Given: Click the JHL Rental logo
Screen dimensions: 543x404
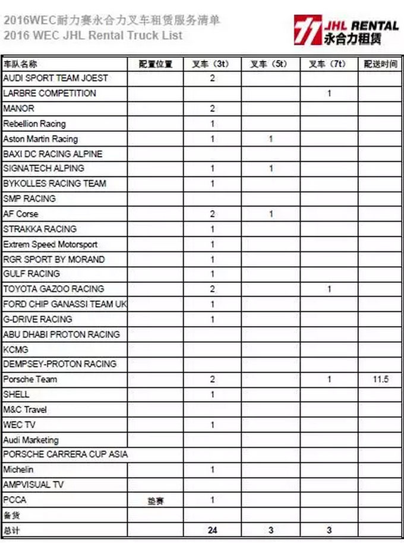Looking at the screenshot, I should (x=345, y=29).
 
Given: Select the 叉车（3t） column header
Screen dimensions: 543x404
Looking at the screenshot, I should (x=212, y=64).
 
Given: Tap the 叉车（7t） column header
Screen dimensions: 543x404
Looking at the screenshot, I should (x=329, y=64).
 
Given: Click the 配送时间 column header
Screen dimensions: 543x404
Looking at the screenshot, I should (x=381, y=64).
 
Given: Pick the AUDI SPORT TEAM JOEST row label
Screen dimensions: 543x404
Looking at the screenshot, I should (x=56, y=78).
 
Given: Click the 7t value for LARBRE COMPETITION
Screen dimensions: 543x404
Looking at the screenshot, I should (x=329, y=93).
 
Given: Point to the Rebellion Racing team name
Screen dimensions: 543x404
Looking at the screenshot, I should (x=34, y=124).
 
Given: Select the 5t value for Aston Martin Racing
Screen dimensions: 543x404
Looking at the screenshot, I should (x=271, y=139).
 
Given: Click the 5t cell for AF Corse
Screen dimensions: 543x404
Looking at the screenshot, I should (x=271, y=214).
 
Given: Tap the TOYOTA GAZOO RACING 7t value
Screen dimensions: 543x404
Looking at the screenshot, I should (x=329, y=289).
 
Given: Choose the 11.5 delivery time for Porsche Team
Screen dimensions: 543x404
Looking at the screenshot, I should (x=381, y=379).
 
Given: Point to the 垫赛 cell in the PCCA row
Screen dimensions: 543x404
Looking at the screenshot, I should (x=155, y=501).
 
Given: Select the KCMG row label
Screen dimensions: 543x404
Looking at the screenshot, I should (x=16, y=349).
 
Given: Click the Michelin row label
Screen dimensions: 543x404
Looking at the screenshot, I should (x=18, y=470).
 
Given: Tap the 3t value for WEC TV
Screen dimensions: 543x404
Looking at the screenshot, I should (x=212, y=425).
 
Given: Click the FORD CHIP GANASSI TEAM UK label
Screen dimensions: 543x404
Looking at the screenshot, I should (x=65, y=304).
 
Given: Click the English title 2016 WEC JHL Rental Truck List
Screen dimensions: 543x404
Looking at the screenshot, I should (x=92, y=35).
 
